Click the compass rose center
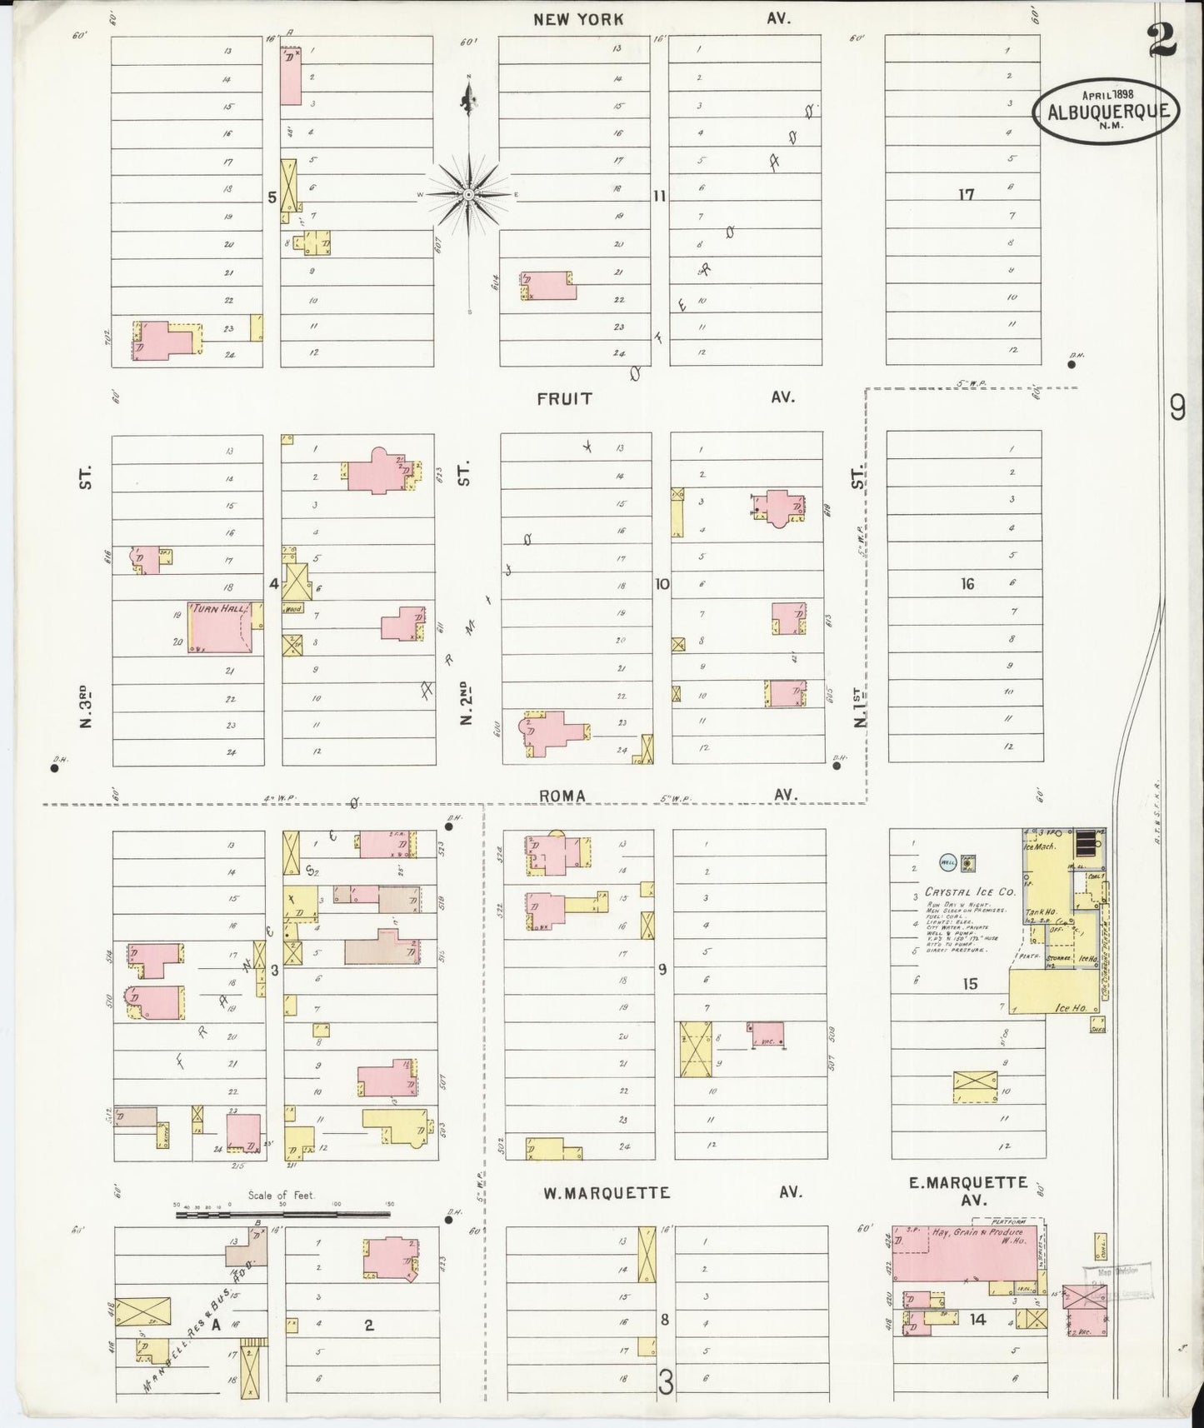tap(468, 194)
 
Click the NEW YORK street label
tap(578, 19)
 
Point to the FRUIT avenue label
tap(565, 398)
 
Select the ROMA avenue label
tap(562, 796)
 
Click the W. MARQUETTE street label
tap(606, 1193)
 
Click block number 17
tap(966, 195)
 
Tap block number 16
tap(967, 584)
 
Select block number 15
tap(970, 985)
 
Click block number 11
tap(659, 197)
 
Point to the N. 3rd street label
tap(85, 707)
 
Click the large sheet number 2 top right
tap(1163, 42)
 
